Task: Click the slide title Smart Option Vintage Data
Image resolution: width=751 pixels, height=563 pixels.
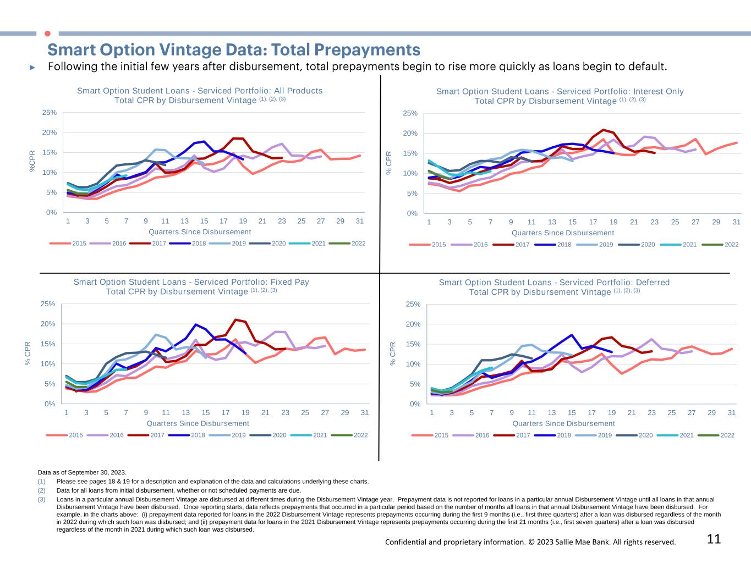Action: pos(234,50)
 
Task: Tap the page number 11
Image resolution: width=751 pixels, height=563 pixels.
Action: pos(714,539)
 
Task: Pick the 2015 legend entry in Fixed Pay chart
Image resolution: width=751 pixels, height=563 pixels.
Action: pos(69,435)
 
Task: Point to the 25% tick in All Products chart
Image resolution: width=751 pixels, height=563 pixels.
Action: pos(50,113)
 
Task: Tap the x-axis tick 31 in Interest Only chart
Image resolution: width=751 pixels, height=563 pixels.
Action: pos(737,222)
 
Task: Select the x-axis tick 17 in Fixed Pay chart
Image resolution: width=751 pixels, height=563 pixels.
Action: pos(226,412)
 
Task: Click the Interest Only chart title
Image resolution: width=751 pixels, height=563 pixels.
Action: pos(560,96)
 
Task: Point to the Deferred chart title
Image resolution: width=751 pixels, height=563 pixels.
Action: pos(554,287)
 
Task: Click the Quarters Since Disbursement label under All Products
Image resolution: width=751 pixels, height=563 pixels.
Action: pos(200,232)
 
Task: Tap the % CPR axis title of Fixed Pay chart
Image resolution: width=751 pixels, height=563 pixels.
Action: pos(28,354)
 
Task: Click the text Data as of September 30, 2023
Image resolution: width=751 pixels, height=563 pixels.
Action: pos(82,472)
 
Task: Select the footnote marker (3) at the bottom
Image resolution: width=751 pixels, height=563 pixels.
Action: pos(41,500)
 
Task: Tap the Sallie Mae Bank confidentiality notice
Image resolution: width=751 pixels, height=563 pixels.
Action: pos(530,542)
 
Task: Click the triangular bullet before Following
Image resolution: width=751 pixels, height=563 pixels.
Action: pos(32,67)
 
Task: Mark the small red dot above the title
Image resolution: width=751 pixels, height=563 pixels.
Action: pos(47,34)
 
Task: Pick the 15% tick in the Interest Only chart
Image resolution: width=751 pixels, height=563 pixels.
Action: pos(410,153)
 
